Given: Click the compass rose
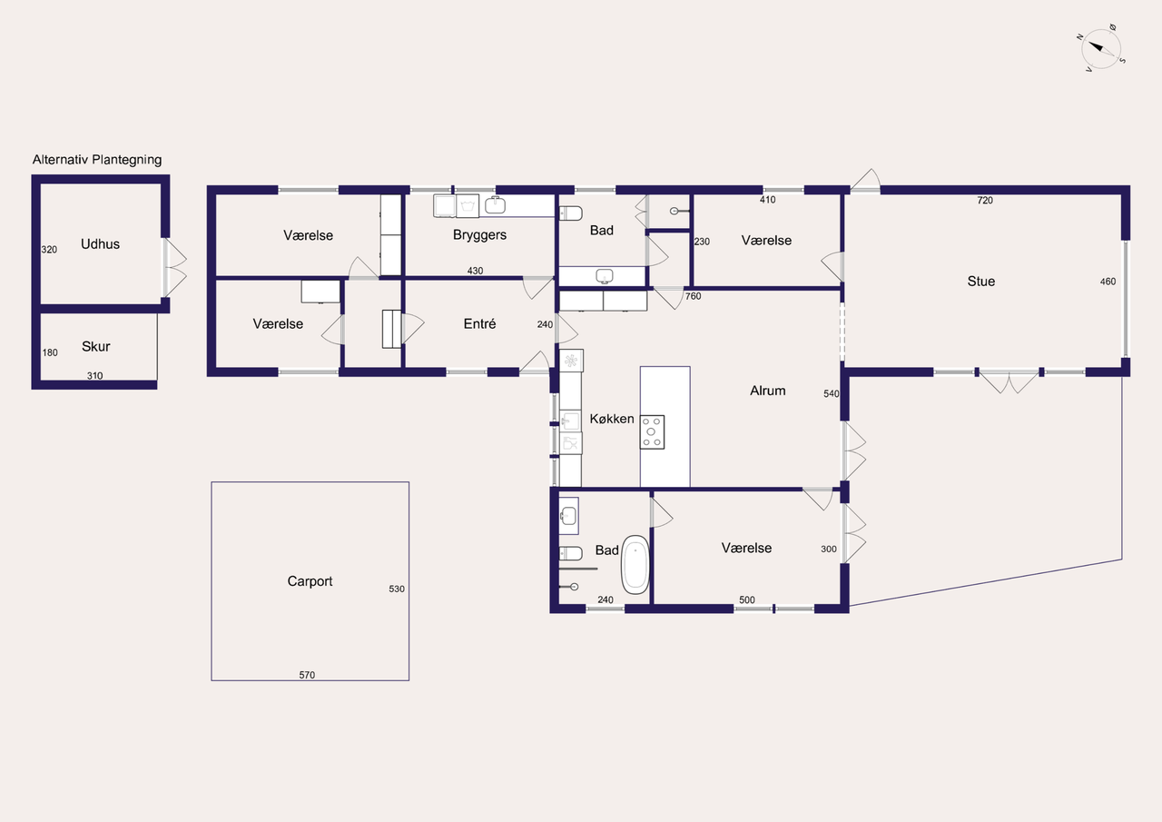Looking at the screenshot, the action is [x=1101, y=48].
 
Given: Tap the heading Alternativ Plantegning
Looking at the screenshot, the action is [x=97, y=160].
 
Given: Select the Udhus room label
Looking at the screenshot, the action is [x=100, y=244].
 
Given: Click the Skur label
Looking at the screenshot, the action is [x=96, y=346].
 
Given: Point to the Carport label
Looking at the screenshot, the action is [x=310, y=581].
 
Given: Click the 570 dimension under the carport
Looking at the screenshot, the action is [x=307, y=675].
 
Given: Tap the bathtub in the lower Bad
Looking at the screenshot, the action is [x=635, y=565].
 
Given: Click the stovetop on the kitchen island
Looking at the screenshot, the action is [x=652, y=431].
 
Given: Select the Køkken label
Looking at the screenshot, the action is [x=612, y=419].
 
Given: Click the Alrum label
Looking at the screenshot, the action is [x=768, y=391].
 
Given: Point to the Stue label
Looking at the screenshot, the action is [x=981, y=282].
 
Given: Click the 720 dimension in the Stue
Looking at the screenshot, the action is [x=985, y=201].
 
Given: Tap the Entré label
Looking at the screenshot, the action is [x=479, y=324].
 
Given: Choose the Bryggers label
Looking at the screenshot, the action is [x=479, y=235].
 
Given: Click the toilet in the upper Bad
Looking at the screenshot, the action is [x=571, y=213].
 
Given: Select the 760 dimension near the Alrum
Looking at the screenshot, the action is [x=693, y=296].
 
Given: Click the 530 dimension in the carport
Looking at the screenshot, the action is [x=397, y=589].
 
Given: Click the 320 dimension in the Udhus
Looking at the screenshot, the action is [x=49, y=250].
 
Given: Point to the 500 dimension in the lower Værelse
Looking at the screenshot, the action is [x=746, y=599].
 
